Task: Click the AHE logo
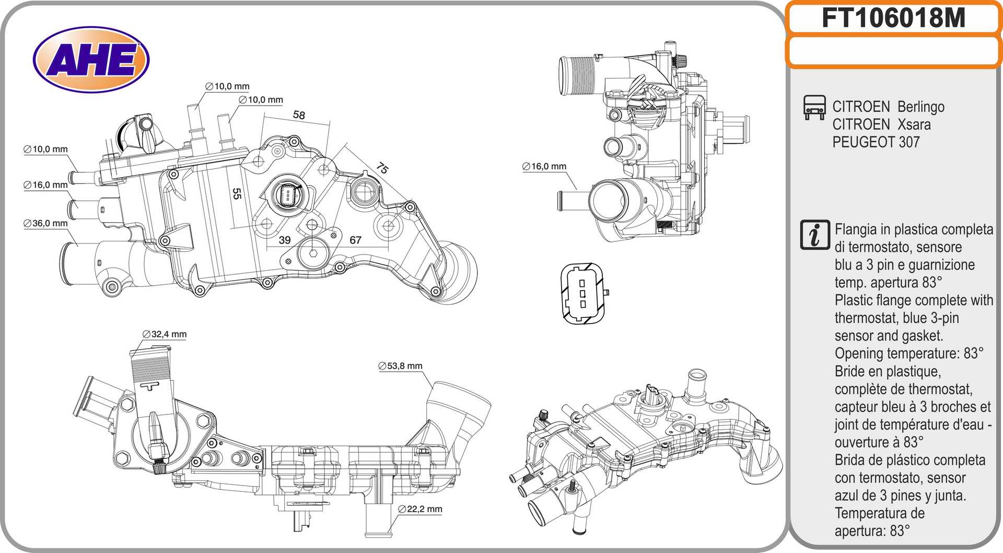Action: (91, 60)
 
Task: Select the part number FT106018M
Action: (893, 18)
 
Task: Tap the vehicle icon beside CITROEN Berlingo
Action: (814, 107)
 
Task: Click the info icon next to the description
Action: (814, 235)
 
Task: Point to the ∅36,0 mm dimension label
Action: (45, 223)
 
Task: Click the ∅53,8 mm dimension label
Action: (400, 366)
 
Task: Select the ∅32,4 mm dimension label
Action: (164, 334)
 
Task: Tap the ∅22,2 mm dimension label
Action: (420, 509)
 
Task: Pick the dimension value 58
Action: (299, 115)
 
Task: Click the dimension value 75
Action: (382, 168)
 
